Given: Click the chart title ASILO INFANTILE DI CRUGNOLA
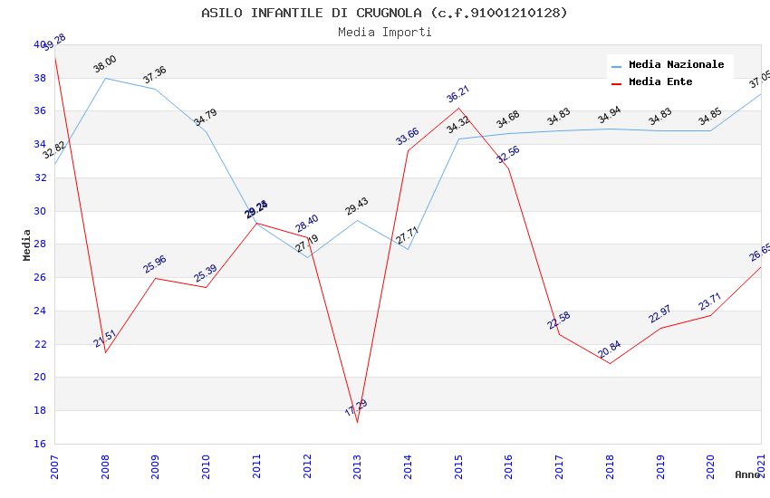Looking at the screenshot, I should click(384, 13).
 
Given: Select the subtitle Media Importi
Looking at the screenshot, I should click(384, 32).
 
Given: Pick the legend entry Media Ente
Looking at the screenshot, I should click(659, 82).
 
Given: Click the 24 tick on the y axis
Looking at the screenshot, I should click(40, 311).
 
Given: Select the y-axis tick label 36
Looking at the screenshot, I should click(40, 111).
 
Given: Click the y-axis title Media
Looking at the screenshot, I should click(27, 244).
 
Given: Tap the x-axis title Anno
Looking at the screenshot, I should click(747, 474).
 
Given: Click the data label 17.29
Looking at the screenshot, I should click(356, 408).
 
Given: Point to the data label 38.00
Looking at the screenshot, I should click(105, 64).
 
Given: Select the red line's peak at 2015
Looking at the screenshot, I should click(458, 109).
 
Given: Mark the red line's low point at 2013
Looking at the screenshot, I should click(357, 422).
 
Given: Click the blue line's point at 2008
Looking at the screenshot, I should click(105, 78).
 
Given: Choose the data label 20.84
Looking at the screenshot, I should click(609, 350).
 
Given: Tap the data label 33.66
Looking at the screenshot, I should click(407, 137).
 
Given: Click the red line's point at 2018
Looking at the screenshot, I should click(610, 363).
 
